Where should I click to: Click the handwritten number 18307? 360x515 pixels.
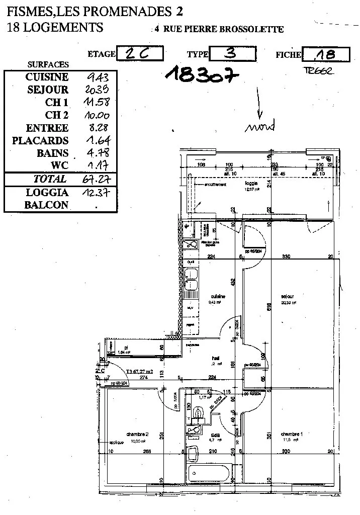pos(201,74)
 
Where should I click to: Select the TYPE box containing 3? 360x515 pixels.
pos(232,54)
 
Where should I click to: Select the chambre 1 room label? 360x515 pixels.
pos(292,434)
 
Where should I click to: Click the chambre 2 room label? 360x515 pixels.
pos(137,434)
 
